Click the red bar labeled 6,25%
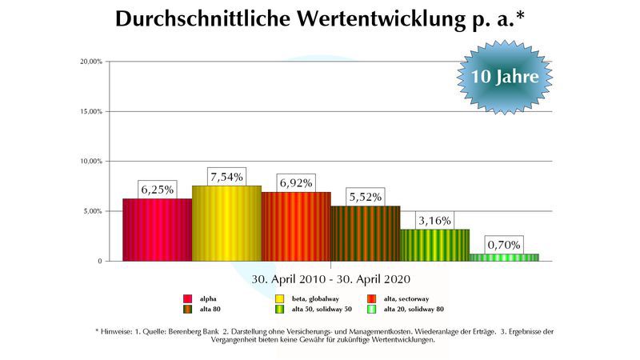click(x=157, y=230)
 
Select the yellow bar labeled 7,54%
click(x=226, y=223)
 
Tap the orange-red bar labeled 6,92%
click(x=296, y=226)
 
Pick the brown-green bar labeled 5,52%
click(x=366, y=233)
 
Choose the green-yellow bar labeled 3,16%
click(x=434, y=245)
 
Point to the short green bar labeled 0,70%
click(x=504, y=257)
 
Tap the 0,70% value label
click(x=504, y=245)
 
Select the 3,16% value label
click(x=434, y=220)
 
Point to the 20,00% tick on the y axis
click(x=90, y=62)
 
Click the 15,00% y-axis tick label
click(x=90, y=111)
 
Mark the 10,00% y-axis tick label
click(x=90, y=162)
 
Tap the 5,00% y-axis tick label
click(x=91, y=211)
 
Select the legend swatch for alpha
click(x=188, y=298)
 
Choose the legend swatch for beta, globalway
click(x=280, y=298)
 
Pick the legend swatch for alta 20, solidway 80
click(x=371, y=310)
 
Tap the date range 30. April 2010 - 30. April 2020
click(x=330, y=279)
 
